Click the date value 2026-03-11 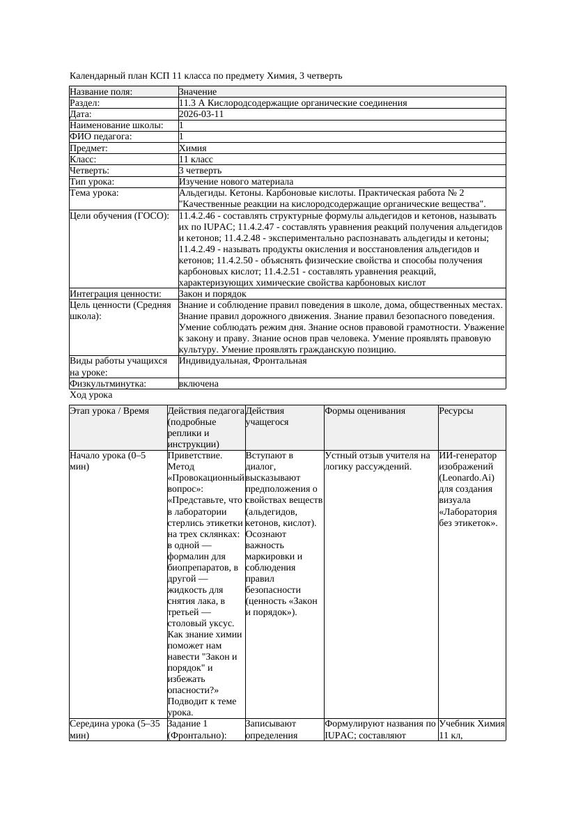pyautogui.click(x=201, y=114)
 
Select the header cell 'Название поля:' pyautogui.click(x=101, y=92)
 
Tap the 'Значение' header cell pyautogui.click(x=198, y=92)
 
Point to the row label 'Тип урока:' pyautogui.click(x=92, y=182)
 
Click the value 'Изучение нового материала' pyautogui.click(x=236, y=182)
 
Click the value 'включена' pyautogui.click(x=199, y=384)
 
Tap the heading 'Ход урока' pyautogui.click(x=91, y=395)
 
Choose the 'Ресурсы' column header pyautogui.click(x=456, y=411)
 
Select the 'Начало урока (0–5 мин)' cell pyautogui.click(x=108, y=461)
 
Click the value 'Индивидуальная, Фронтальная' pyautogui.click(x=242, y=362)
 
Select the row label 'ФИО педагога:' pyautogui.click(x=101, y=137)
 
